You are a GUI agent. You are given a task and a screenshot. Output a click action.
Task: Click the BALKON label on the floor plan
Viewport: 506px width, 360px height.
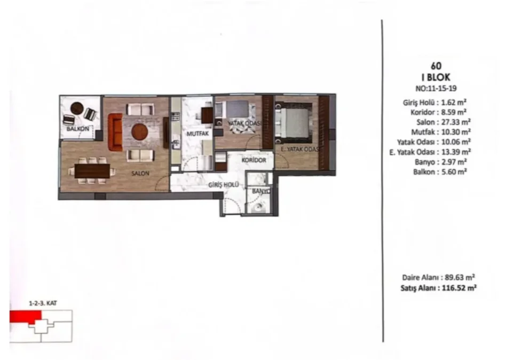[78, 129]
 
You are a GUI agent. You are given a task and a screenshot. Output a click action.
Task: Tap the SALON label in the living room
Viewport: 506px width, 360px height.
[140, 174]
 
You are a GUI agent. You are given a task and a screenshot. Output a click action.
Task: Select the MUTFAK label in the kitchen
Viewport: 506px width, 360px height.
[197, 134]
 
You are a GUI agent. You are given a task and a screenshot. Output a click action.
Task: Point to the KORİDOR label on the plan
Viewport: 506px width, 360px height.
[254, 160]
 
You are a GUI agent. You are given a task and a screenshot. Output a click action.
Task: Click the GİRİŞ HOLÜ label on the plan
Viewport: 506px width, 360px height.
[224, 185]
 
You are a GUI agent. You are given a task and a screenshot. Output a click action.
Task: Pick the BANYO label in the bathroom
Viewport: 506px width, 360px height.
[261, 191]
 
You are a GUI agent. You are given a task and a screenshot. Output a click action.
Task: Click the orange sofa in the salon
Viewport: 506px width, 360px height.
[115, 132]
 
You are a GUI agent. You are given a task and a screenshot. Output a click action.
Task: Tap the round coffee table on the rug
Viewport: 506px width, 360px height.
[140, 132]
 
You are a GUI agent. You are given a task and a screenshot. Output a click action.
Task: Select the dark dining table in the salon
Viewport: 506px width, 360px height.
[92, 171]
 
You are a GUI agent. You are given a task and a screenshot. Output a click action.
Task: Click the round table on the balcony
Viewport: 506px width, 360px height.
[77, 108]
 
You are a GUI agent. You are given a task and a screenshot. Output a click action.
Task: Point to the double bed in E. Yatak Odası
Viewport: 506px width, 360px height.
[294, 122]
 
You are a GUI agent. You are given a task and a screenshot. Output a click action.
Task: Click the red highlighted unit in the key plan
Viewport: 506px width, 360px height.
[26, 317]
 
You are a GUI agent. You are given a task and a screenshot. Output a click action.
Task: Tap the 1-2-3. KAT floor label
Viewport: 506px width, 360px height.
[43, 303]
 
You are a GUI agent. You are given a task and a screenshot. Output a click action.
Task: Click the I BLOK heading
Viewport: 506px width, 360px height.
[436, 77]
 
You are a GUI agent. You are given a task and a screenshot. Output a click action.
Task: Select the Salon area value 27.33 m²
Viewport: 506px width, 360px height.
[456, 122]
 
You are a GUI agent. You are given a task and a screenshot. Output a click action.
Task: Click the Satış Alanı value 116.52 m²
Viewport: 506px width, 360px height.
[459, 288]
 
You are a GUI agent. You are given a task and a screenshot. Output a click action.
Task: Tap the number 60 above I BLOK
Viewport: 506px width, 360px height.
[436, 66]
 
